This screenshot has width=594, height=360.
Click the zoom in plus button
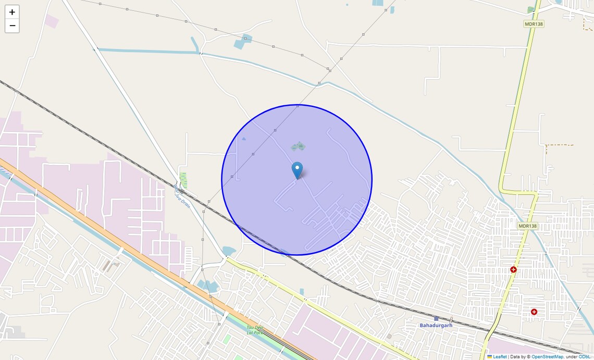tap(12, 12)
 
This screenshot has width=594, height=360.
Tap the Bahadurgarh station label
tap(436, 325)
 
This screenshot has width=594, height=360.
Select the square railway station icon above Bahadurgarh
tap(436, 318)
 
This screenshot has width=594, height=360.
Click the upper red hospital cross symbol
tap(513, 269)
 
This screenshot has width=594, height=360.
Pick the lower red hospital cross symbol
tap(534, 312)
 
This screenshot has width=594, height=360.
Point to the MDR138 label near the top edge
tap(534, 24)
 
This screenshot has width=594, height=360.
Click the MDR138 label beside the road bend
tap(527, 226)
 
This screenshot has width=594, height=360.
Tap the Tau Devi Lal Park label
tap(254, 330)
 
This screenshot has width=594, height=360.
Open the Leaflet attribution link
tap(500, 357)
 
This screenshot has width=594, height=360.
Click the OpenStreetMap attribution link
tap(547, 357)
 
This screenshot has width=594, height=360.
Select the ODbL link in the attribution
tap(584, 357)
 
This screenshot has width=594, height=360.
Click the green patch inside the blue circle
tap(299, 146)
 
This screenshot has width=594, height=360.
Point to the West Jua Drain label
tap(182, 196)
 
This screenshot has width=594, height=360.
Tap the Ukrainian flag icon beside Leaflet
tap(489, 357)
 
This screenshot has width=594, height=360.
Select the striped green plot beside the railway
tap(183, 180)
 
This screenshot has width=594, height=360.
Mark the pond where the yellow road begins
tap(229, 251)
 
